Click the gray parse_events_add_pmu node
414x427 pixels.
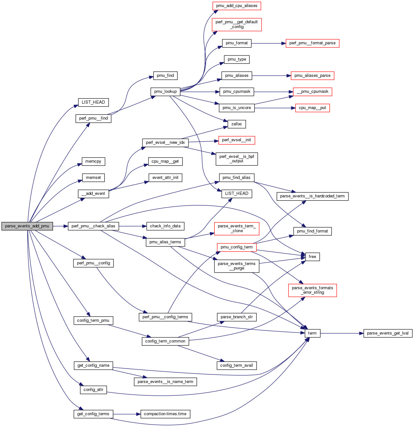pyautogui.click(x=27, y=226)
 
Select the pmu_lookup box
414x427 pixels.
pyautogui.click(x=165, y=92)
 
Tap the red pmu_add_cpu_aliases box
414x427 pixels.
pyautogui.click(x=237, y=6)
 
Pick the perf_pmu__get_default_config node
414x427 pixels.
pyautogui.click(x=237, y=24)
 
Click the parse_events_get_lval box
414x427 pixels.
pyautogui.click(x=388, y=333)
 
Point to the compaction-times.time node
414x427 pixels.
pyautogui.click(x=165, y=414)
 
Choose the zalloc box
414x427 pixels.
pyautogui.click(x=237, y=124)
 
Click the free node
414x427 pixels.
pyautogui.click(x=312, y=257)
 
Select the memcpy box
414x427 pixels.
pyautogui.click(x=93, y=161)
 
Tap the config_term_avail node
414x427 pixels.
pyautogui.click(x=237, y=365)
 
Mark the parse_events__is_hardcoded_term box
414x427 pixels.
pyautogui.click(x=312, y=196)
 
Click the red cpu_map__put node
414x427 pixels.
pyautogui.click(x=312, y=108)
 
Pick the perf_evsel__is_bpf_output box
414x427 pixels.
pyautogui.click(x=237, y=159)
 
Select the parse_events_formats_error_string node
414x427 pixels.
pyautogui.click(x=312, y=290)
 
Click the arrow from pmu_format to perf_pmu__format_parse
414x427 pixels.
pyautogui.click(x=268, y=43)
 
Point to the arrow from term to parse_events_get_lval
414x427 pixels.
pyautogui.click(x=342, y=333)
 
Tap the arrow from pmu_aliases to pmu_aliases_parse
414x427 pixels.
pyautogui.click(x=272, y=76)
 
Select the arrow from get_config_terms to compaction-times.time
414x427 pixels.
pyautogui.click(x=126, y=414)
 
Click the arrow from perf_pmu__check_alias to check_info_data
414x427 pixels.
pyautogui.click(x=133, y=226)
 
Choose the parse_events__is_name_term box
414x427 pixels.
pyautogui.click(x=165, y=382)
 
